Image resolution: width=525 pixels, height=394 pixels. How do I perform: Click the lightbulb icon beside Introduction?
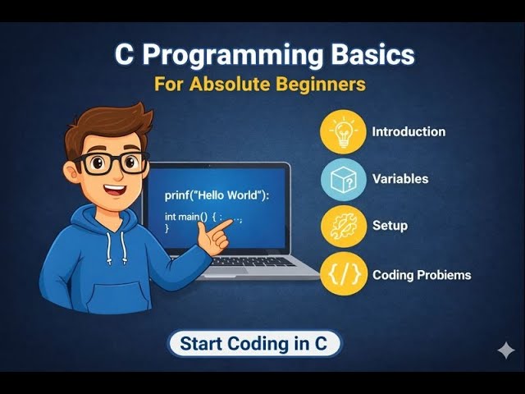click(x=342, y=131)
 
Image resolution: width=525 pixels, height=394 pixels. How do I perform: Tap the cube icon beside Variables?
click(x=342, y=178)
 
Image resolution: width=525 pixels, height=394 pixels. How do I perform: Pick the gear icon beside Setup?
click(x=342, y=226)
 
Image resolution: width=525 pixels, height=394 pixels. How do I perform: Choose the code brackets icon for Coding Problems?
click(x=342, y=274)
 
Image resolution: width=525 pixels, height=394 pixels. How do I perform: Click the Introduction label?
click(x=409, y=131)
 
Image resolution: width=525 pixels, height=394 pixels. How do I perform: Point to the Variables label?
click(x=400, y=178)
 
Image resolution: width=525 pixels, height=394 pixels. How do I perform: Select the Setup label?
click(x=390, y=226)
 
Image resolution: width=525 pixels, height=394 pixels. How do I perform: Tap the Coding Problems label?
click(x=422, y=275)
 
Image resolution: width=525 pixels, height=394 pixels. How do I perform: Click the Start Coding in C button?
click(x=254, y=344)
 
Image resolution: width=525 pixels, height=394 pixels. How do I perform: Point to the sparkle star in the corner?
click(x=506, y=350)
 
